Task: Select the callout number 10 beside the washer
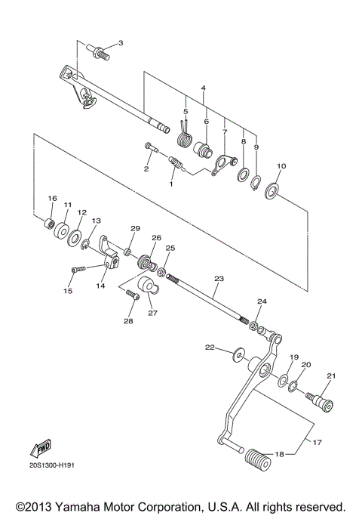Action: [x=281, y=166]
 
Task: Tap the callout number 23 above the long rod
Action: [x=219, y=279]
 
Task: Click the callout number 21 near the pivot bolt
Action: [x=330, y=375]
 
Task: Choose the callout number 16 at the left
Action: [x=52, y=199]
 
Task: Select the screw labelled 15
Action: [x=78, y=269]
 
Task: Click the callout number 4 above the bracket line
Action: [x=203, y=88]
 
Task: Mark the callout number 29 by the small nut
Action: [x=135, y=229]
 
